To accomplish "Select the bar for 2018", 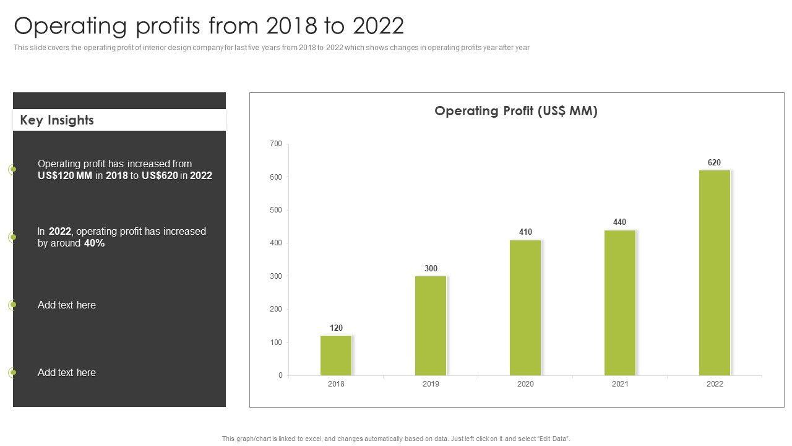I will click(336, 356).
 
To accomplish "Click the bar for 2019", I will click(431, 326).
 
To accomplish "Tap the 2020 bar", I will click(525, 308).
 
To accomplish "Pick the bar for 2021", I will click(620, 303).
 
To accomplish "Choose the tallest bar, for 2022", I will click(715, 273).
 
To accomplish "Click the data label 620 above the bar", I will click(714, 163).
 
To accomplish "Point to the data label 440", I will click(619, 222).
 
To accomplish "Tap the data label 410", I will click(525, 232).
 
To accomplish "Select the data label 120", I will click(336, 328).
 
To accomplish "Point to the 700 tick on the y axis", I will click(275, 144).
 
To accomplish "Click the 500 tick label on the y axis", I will click(275, 210).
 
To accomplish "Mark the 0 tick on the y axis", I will click(280, 375).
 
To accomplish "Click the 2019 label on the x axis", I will click(431, 384).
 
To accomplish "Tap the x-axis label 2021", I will click(620, 384).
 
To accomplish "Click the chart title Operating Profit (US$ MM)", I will click(516, 111).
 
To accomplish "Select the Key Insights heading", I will click(57, 120).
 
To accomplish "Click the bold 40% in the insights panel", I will click(94, 243).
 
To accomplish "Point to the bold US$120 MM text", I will click(65, 176).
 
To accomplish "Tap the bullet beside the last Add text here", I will click(12, 372).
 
